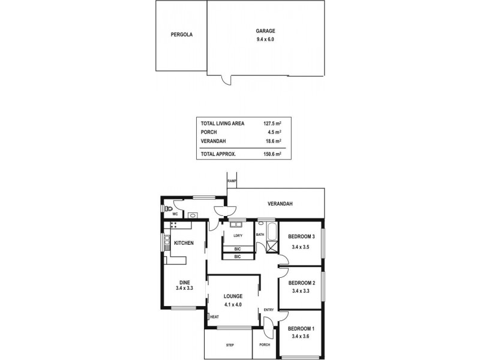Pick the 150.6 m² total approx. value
pos(273,154)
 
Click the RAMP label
pos(232,181)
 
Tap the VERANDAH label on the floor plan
pos(280,204)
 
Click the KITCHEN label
pos(184,243)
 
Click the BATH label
pos(260,235)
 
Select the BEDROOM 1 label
pos(301,329)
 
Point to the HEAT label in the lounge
pos(214,317)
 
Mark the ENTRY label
pos(269,310)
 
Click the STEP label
pos(230,345)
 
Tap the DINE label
pos(184,282)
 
